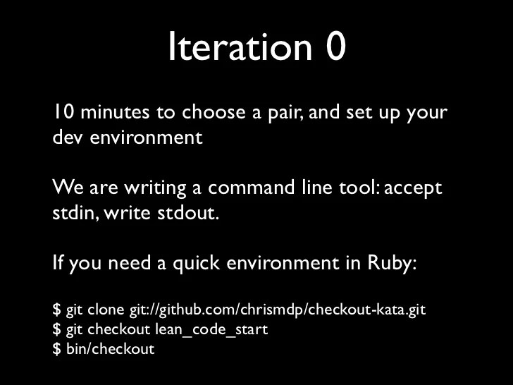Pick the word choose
(212, 113)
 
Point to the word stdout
(187, 213)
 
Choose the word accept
(414, 189)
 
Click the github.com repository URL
(278, 310)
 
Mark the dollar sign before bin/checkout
(56, 348)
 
